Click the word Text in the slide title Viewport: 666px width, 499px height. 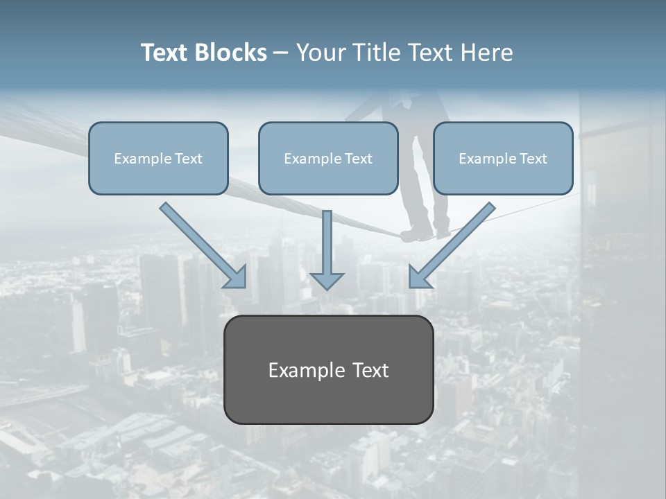click(x=166, y=53)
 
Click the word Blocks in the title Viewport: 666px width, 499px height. click(x=232, y=53)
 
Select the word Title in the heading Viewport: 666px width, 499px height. click(x=379, y=53)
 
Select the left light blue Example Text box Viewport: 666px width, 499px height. click(x=158, y=158)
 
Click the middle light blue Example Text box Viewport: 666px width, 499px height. click(x=328, y=158)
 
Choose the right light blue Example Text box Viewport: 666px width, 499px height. click(x=503, y=158)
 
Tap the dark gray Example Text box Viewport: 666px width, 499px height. click(x=328, y=369)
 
